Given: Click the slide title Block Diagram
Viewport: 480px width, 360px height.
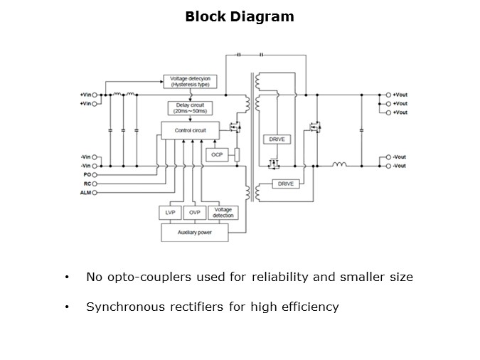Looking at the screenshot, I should point(240,16).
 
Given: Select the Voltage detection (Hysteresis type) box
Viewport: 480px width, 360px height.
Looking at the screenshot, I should point(190,81).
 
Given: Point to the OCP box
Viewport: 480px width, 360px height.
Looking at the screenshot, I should point(216,154).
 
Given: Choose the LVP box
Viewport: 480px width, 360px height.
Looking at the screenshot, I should point(169,213).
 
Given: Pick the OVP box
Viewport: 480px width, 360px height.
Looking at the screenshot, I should point(194,213).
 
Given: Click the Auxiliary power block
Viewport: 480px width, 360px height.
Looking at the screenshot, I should point(193,233).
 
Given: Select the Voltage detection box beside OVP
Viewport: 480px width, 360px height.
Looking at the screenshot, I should point(223,213).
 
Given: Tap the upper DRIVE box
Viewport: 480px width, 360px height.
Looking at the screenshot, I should point(277,139).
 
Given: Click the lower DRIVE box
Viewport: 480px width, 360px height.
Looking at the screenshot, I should point(286,184).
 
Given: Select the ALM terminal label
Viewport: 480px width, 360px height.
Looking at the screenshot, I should point(85,192).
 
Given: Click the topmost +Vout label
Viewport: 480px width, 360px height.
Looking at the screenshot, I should point(400,95).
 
